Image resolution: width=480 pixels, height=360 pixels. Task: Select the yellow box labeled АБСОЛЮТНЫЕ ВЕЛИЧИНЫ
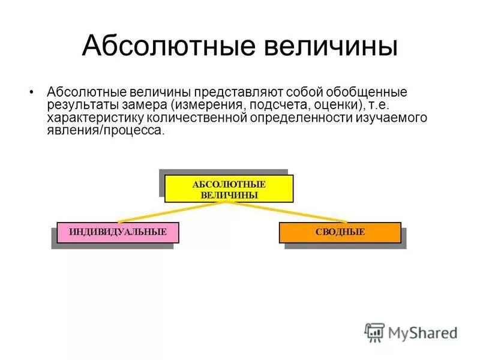(x=229, y=188)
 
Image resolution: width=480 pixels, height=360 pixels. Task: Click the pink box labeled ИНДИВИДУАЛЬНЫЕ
(x=118, y=232)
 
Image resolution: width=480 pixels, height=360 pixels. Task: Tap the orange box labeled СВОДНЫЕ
(x=340, y=232)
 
